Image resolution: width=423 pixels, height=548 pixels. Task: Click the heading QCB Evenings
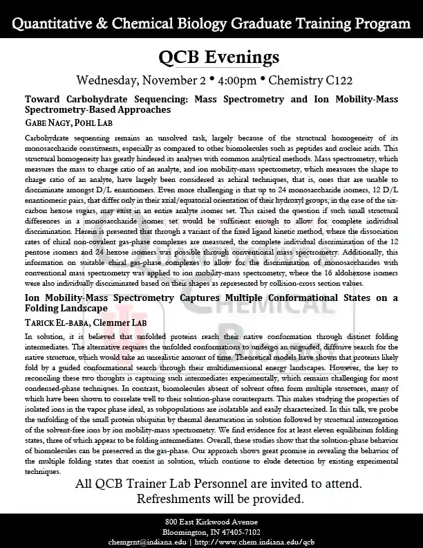pos(211,56)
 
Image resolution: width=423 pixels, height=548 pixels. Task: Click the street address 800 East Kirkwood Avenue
pos(211,520)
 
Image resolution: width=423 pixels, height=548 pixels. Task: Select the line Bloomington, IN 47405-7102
pos(211,531)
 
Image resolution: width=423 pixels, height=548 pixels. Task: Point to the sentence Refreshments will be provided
pos(211,498)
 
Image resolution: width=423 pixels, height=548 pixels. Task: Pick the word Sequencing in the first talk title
pos(156,99)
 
